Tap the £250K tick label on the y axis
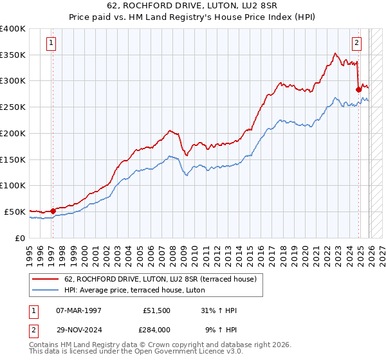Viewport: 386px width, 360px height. click(13, 107)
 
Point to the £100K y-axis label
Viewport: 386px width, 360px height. click(13, 186)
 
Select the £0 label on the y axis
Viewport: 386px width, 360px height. click(19, 238)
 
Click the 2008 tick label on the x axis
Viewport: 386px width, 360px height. click(173, 251)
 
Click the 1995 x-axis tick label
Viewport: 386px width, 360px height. click(30, 251)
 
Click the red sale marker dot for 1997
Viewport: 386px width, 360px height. click(53, 210)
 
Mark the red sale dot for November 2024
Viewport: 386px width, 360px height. click(358, 89)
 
